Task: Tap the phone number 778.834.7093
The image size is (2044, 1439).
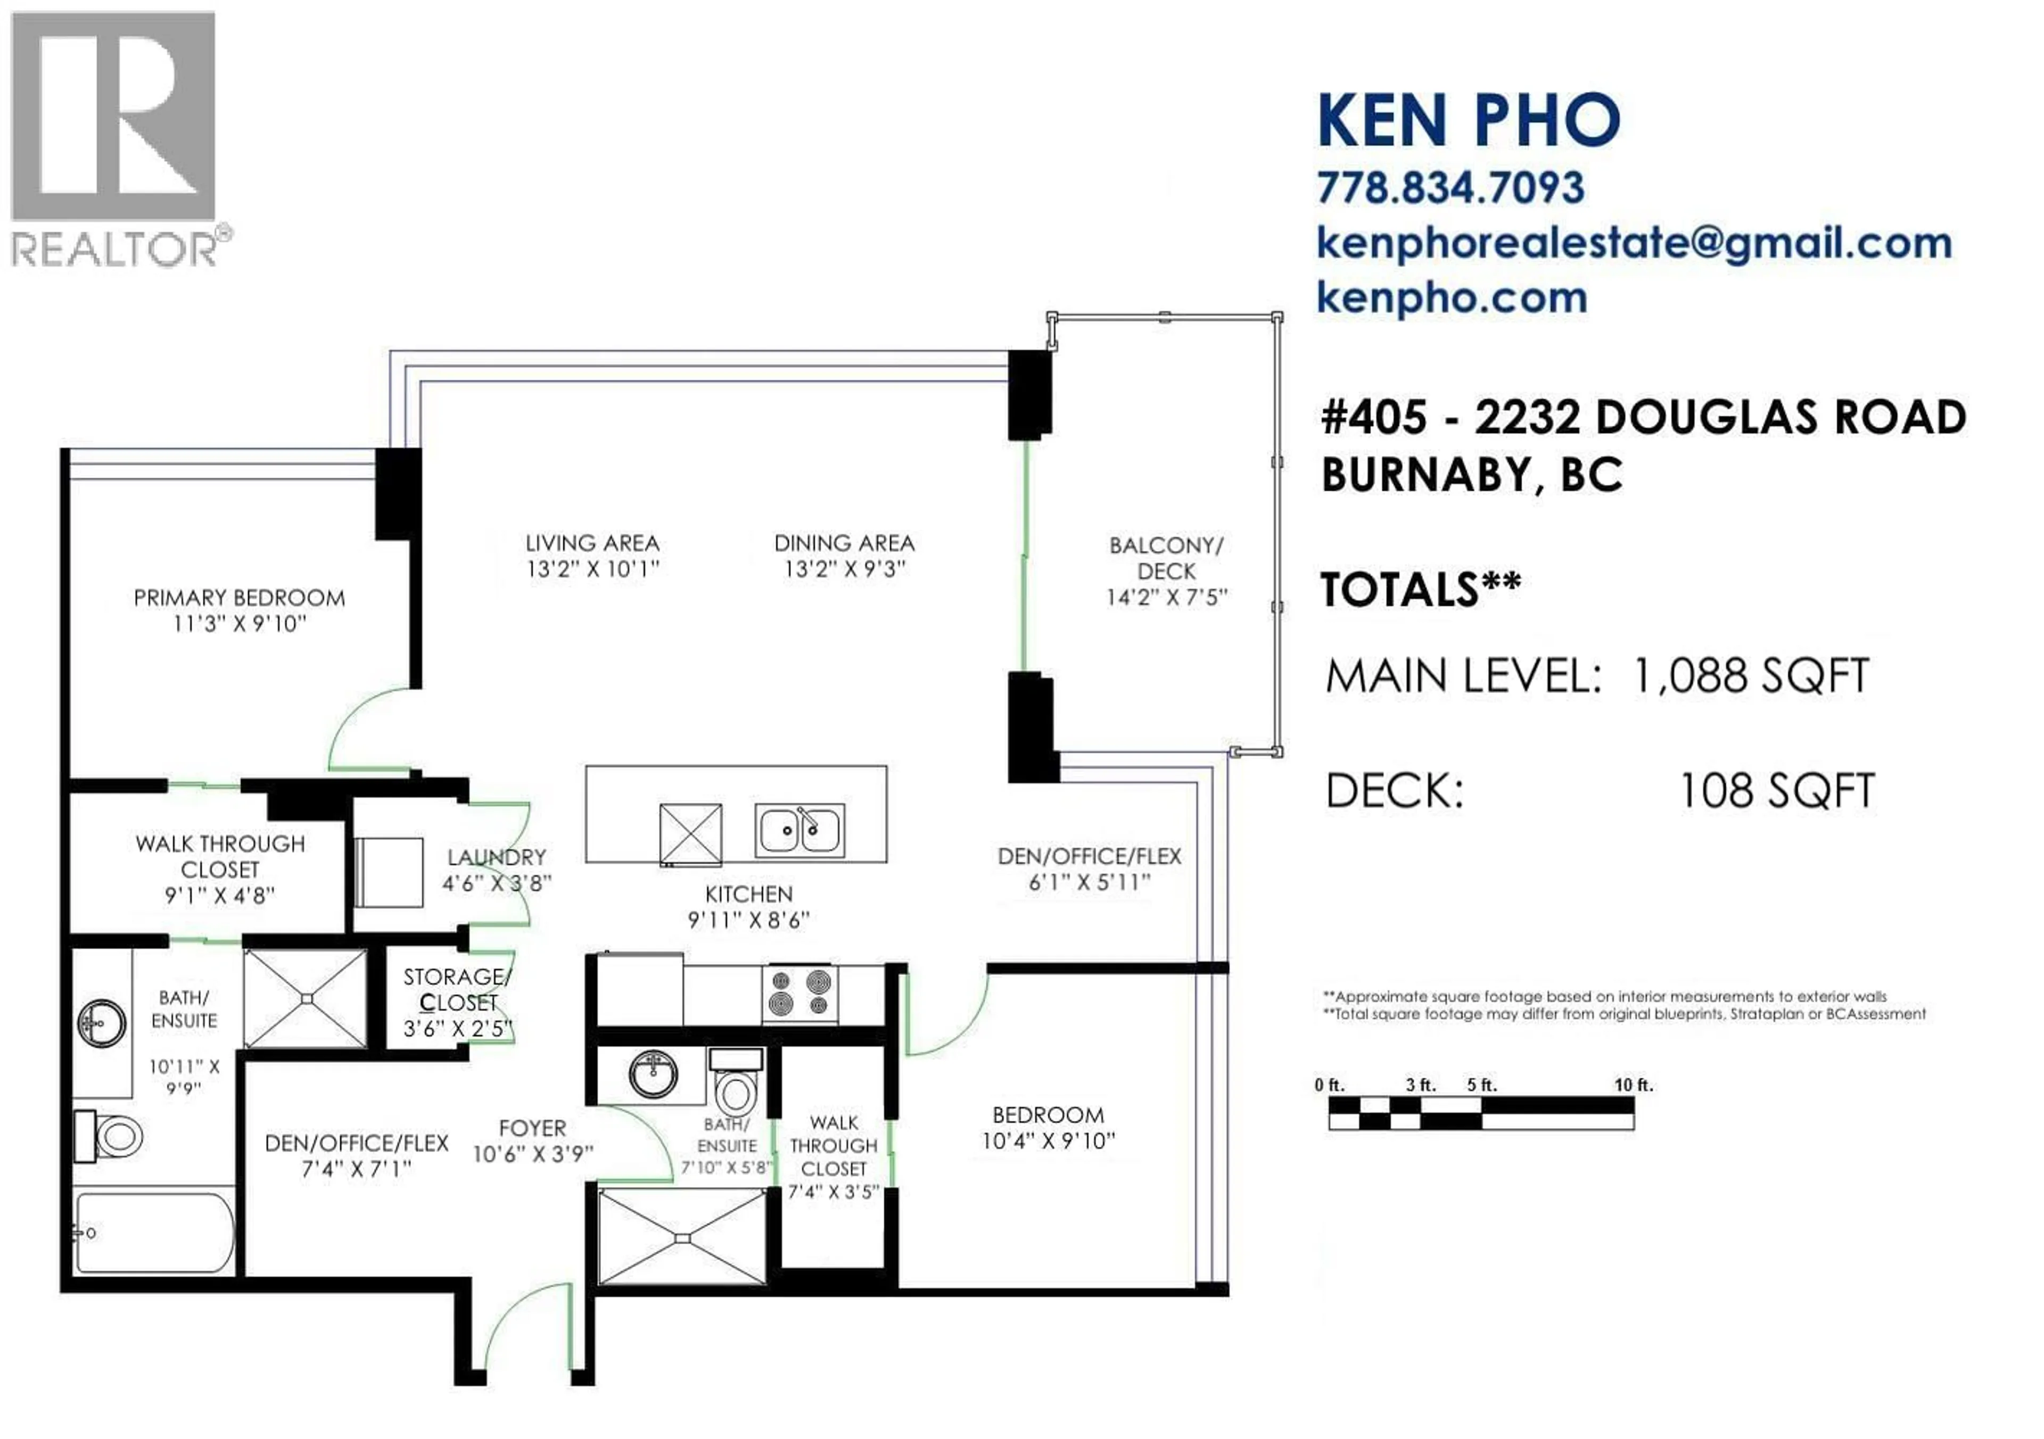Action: [x=1450, y=188]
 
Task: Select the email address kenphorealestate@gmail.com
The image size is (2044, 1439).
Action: [x=1634, y=243]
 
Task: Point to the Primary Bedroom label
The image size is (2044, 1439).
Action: [x=238, y=598]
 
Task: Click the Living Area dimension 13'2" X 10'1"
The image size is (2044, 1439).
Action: [x=592, y=569]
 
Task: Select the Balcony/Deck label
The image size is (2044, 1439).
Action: [x=1166, y=558]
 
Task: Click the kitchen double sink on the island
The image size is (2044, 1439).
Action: [x=800, y=830]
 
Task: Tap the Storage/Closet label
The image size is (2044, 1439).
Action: [x=457, y=990]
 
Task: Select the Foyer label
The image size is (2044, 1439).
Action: [x=532, y=1128]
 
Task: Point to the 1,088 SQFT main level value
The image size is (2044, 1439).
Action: [x=1749, y=676]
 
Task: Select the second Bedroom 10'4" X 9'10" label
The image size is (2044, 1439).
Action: [x=1048, y=1128]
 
